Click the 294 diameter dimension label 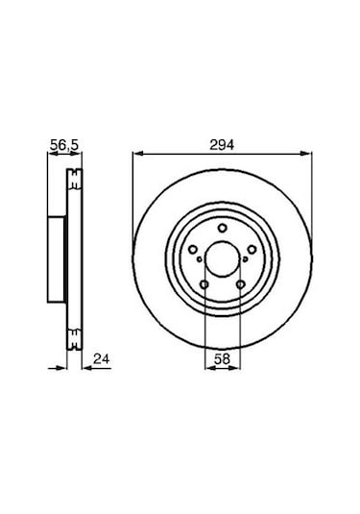[x=222, y=144]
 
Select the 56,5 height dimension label [x=64, y=144]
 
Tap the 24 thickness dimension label [x=102, y=359]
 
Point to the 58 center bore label [x=222, y=359]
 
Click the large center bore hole [x=223, y=258]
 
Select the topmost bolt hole [x=223, y=228]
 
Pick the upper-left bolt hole [x=193, y=250]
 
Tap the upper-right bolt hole [x=252, y=250]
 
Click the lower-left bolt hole [x=204, y=284]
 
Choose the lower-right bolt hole [x=240, y=284]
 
